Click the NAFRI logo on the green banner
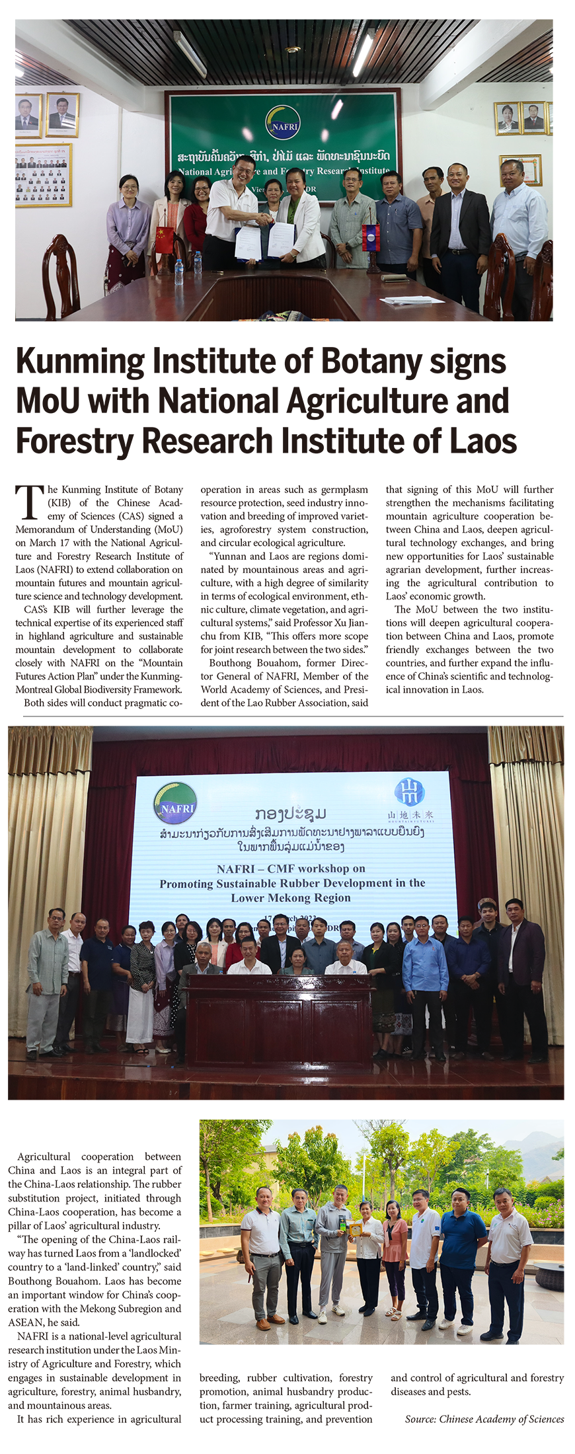(x=282, y=123)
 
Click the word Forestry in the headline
(x=74, y=441)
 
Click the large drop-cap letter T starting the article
(x=30, y=502)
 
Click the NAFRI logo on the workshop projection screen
(x=174, y=802)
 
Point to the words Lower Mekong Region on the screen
(x=291, y=898)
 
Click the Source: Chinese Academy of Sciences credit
(x=484, y=1419)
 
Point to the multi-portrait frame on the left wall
(x=44, y=175)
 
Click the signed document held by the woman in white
(x=281, y=240)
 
